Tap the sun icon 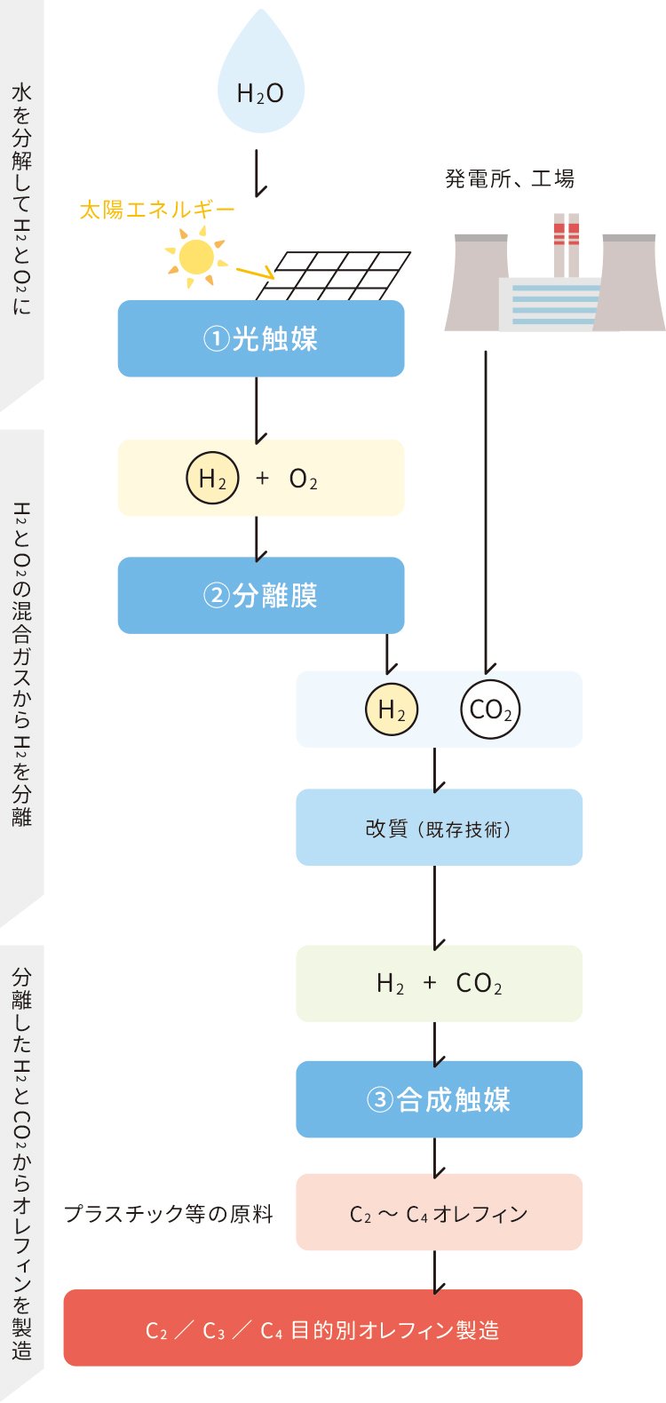click(195, 258)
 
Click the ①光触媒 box click(261, 338)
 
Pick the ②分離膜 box click(261, 595)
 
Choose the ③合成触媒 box click(439, 1099)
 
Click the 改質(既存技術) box click(439, 828)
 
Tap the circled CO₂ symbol click(490, 709)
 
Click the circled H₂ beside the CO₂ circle click(392, 709)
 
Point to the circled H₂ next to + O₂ click(212, 479)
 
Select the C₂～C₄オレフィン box click(439, 1213)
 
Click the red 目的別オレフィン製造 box click(322, 1328)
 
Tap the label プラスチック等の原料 click(169, 1214)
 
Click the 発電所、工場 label click(510, 179)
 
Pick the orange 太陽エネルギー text click(157, 210)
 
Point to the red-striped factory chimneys click(567, 244)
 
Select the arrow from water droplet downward click(257, 172)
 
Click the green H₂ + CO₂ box click(439, 983)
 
